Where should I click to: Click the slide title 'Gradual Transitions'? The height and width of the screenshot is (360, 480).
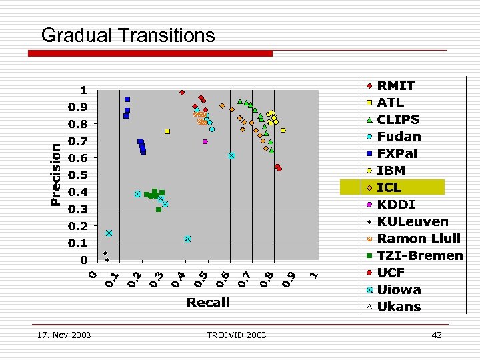click(x=128, y=35)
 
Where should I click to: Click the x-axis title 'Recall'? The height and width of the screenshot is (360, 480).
click(x=208, y=302)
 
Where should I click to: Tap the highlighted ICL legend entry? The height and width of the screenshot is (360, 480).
click(x=392, y=187)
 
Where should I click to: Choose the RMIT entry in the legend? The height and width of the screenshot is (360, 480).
click(x=395, y=85)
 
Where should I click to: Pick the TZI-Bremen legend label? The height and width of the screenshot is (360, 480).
click(x=419, y=255)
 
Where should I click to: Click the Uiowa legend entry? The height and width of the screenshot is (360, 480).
click(x=399, y=289)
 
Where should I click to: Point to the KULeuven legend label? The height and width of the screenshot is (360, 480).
click(x=413, y=221)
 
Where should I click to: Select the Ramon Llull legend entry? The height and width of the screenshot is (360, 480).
click(x=418, y=238)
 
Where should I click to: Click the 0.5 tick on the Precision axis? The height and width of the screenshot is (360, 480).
click(x=79, y=175)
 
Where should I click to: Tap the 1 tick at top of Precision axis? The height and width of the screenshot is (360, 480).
click(x=84, y=90)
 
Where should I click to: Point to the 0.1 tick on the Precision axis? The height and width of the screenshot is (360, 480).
click(x=79, y=243)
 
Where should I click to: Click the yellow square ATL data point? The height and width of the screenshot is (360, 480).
click(x=167, y=131)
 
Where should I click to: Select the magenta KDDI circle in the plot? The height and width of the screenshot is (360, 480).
click(x=205, y=141)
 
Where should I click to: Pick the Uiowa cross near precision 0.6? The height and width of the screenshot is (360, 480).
click(x=231, y=155)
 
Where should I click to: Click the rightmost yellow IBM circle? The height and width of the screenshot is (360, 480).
click(x=283, y=131)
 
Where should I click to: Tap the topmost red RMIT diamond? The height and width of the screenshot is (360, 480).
click(x=182, y=93)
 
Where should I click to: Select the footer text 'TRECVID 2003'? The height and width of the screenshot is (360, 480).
click(x=236, y=335)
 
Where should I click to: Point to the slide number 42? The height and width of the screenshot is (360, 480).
click(x=437, y=335)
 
